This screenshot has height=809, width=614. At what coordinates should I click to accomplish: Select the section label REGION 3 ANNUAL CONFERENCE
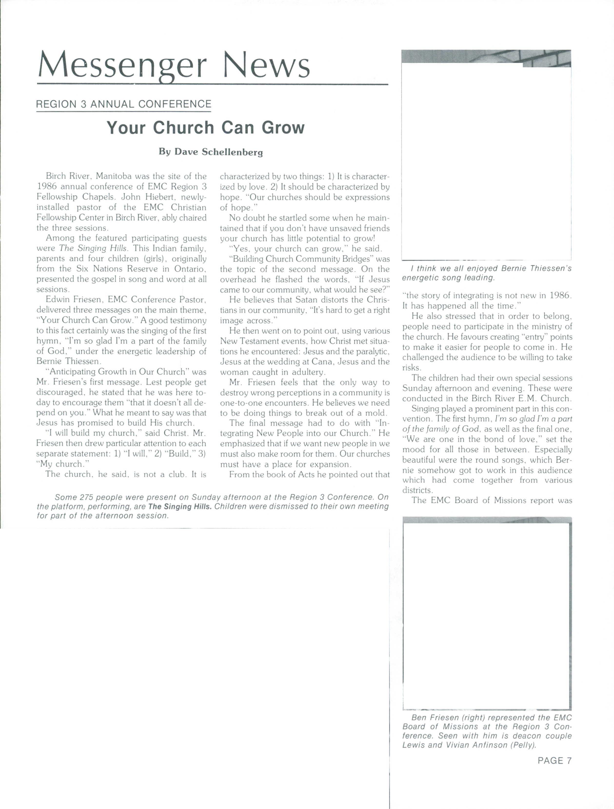(124, 104)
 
